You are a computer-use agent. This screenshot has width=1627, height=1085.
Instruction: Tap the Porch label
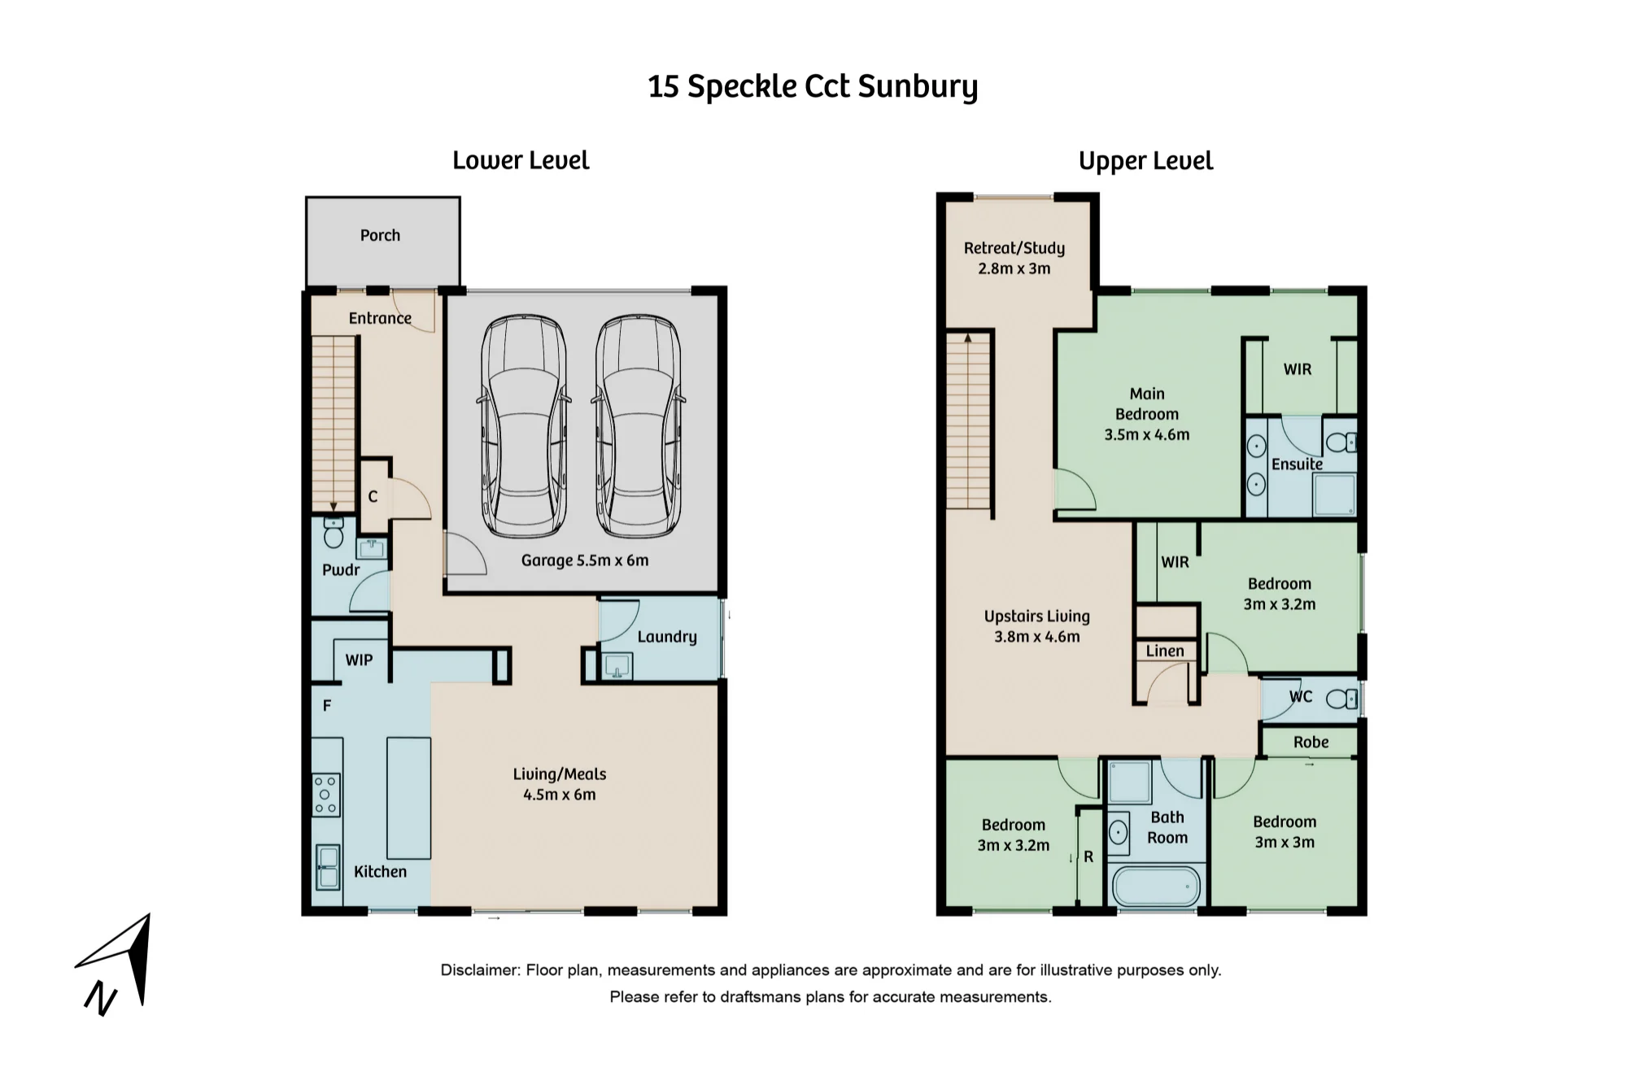point(380,235)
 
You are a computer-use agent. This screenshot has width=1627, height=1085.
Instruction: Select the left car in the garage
point(524,426)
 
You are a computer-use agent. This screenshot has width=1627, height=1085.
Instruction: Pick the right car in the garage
point(639,426)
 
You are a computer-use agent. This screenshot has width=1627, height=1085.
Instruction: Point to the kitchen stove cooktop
point(326,795)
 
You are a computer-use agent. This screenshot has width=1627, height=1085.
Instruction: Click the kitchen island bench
point(408,798)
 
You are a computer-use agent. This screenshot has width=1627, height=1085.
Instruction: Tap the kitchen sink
point(328,867)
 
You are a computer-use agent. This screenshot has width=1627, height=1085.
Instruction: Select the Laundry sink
point(617,666)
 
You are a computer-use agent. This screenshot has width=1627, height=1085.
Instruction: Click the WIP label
point(359,660)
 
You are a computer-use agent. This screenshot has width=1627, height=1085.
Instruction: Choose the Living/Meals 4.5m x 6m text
point(560,784)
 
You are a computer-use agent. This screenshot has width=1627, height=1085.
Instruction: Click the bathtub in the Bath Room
point(1155,887)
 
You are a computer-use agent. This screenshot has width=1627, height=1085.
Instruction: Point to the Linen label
point(1165,651)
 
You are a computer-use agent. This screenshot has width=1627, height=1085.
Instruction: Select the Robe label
point(1311,742)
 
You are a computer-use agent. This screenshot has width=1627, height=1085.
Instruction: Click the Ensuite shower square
point(1335,495)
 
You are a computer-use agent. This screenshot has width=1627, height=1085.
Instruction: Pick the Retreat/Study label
point(1014,248)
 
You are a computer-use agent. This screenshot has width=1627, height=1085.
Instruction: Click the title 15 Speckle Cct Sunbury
point(813,86)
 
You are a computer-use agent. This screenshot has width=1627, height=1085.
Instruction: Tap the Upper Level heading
point(1145,161)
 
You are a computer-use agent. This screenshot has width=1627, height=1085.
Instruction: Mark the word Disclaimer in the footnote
point(480,970)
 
